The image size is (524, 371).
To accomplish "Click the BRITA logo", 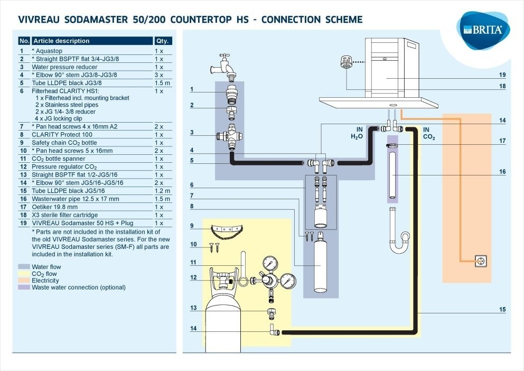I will (483, 29).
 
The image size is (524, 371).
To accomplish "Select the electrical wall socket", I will (480, 260).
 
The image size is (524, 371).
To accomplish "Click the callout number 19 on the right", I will (502, 75).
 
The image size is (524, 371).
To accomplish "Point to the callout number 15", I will (502, 309).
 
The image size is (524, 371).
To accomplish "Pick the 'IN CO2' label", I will (429, 133).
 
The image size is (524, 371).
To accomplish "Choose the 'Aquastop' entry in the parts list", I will (50, 51).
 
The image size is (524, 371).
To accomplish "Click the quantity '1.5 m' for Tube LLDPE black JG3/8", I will (162, 83).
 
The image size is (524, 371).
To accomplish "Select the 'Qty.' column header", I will (162, 41).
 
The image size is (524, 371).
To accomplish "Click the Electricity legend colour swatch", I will (24, 281).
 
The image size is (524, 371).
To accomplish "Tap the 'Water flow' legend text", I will (46, 267).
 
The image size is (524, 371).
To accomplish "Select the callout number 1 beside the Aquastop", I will (192, 89).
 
